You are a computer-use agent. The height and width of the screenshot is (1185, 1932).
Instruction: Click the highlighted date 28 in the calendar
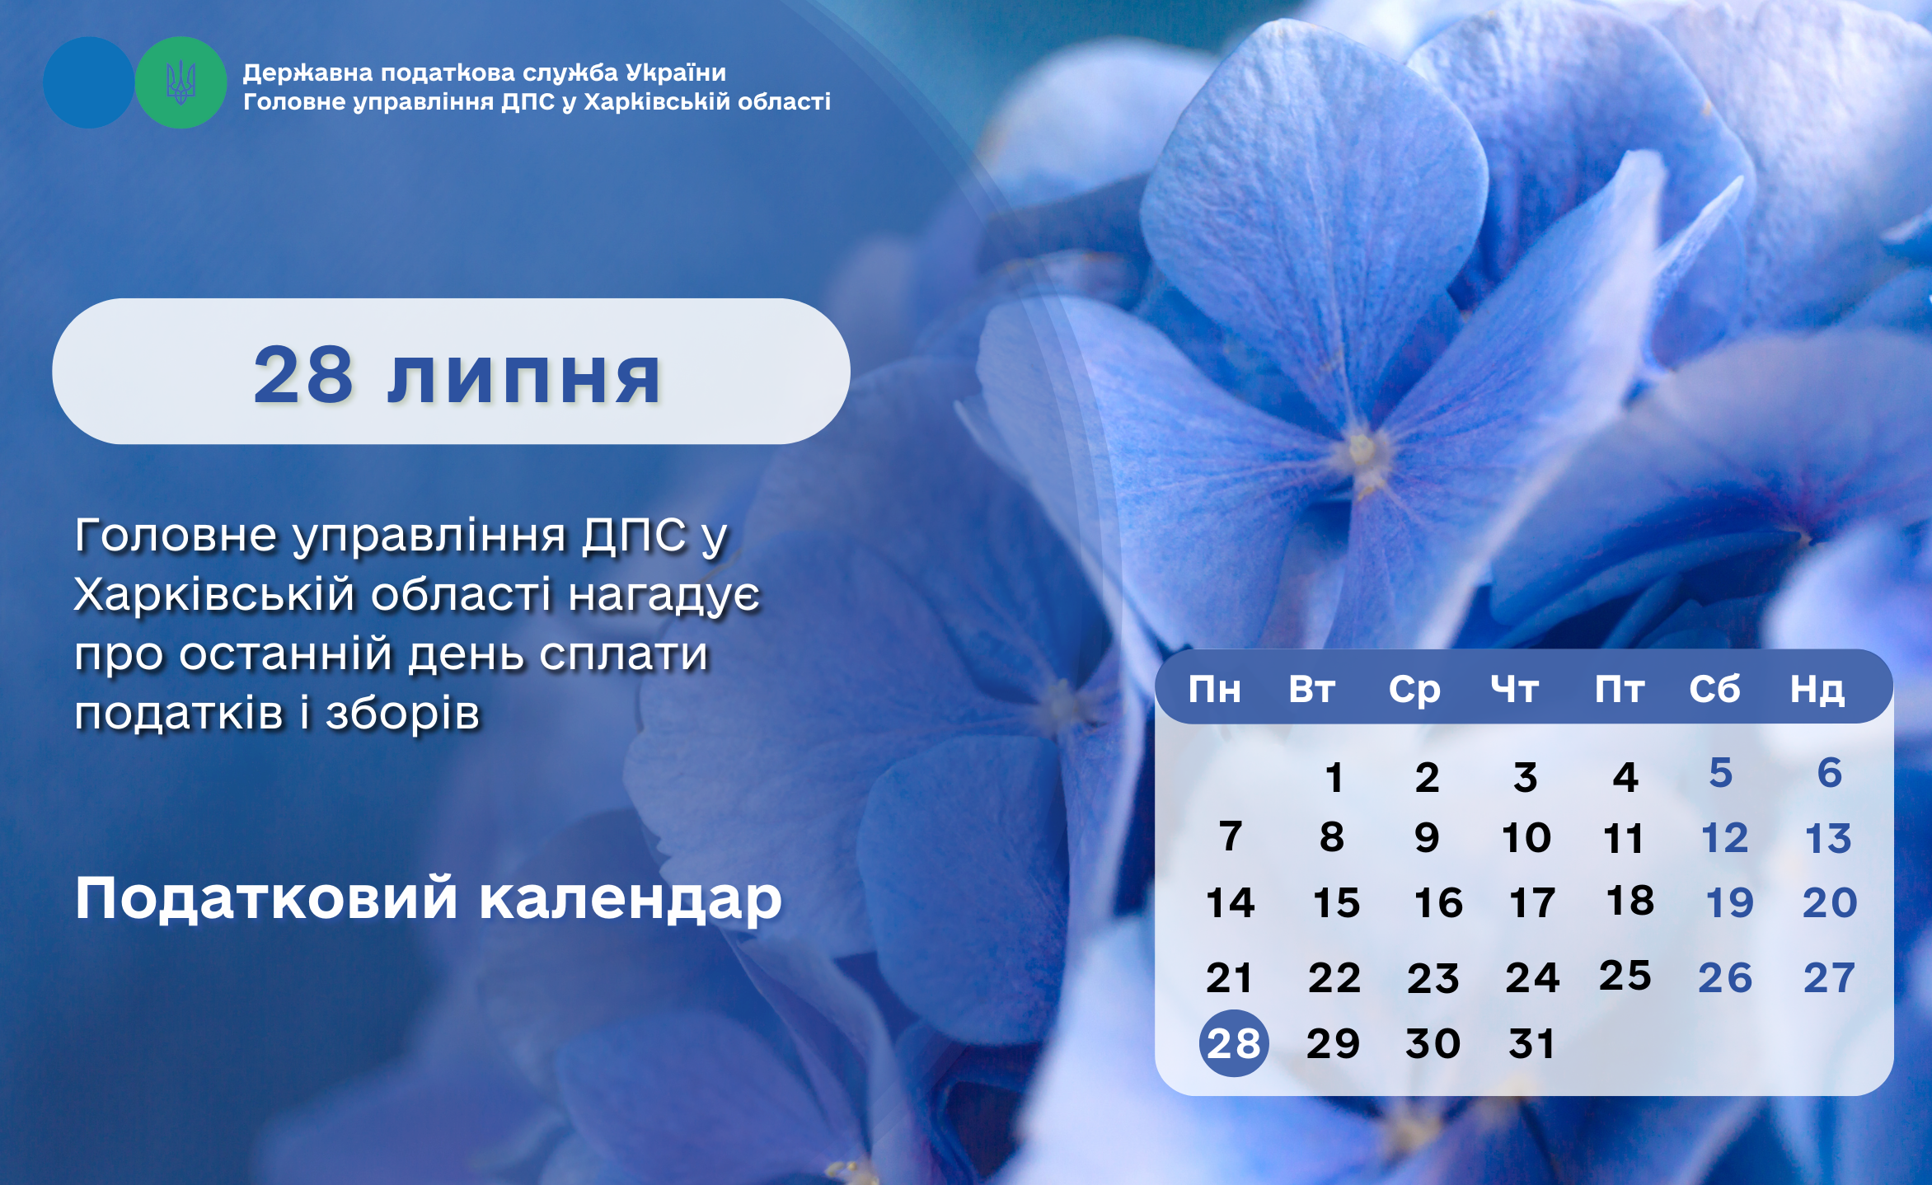tap(1234, 1043)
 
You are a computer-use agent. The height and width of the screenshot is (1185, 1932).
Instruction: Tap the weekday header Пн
tap(1214, 689)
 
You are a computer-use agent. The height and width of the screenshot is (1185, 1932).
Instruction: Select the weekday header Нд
tap(1817, 690)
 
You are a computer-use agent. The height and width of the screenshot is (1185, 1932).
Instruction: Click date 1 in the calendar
tap(1334, 778)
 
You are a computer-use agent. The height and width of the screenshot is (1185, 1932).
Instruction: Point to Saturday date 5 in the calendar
tap(1721, 773)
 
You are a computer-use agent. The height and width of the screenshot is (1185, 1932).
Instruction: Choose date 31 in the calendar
tap(1531, 1044)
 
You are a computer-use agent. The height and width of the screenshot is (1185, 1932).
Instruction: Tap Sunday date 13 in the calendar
tap(1828, 839)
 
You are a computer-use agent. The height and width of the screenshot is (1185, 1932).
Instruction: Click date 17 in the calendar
tap(1532, 903)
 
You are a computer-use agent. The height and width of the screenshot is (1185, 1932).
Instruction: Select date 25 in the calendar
tap(1625, 976)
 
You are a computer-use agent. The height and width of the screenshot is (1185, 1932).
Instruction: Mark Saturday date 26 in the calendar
tap(1725, 978)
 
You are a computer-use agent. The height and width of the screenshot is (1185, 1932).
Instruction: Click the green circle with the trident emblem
tap(181, 82)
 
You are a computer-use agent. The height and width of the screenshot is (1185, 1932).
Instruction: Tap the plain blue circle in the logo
tap(88, 82)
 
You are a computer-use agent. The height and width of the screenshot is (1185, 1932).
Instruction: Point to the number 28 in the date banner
tap(304, 375)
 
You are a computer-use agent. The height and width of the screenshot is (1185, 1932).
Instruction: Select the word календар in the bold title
tap(631, 898)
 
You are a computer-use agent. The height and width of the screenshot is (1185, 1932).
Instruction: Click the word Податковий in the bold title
tap(266, 897)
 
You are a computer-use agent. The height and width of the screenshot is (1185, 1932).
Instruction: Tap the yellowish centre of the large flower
tap(1362, 452)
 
